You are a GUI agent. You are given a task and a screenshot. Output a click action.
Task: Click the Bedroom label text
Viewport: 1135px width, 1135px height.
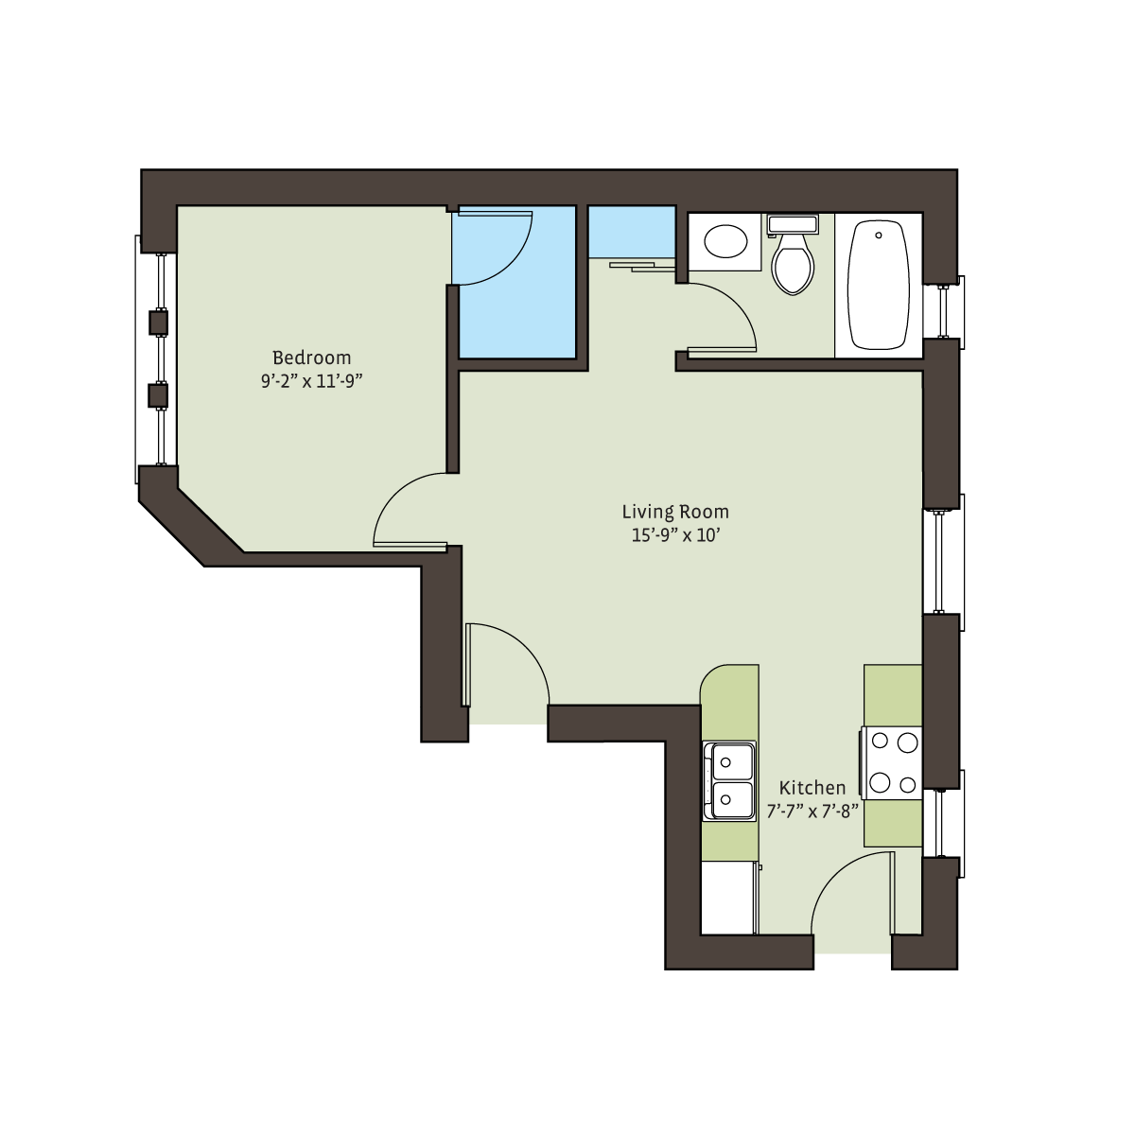point(311,358)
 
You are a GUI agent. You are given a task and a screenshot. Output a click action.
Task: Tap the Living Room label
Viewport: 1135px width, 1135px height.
point(675,512)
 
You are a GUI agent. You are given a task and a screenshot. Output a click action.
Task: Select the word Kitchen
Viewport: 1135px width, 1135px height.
point(812,788)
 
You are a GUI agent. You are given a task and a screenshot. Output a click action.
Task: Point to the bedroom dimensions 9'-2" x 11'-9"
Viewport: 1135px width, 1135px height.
point(311,381)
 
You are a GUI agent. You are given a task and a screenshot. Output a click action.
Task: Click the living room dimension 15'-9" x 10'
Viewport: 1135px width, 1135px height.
point(675,535)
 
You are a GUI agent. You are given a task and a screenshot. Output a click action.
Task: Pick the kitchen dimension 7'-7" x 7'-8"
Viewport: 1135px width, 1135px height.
point(812,812)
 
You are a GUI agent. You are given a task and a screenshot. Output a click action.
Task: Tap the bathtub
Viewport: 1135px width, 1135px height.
point(878,285)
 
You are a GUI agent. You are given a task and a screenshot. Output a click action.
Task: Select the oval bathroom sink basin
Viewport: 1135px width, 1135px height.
point(725,241)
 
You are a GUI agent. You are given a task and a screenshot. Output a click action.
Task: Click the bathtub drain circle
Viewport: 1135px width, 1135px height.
point(878,235)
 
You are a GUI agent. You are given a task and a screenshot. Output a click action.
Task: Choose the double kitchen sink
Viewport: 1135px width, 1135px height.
point(729,781)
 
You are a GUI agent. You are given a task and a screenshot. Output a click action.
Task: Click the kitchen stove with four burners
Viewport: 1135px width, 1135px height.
point(892,762)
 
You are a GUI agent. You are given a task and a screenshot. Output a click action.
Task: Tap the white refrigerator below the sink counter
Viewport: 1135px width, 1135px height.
point(728,898)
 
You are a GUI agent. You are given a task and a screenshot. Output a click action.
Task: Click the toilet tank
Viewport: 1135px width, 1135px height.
point(793,224)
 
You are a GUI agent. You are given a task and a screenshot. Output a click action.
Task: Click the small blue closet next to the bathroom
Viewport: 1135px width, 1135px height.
point(632,232)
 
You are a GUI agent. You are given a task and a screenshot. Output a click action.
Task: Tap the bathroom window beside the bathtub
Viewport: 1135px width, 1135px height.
point(944,312)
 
